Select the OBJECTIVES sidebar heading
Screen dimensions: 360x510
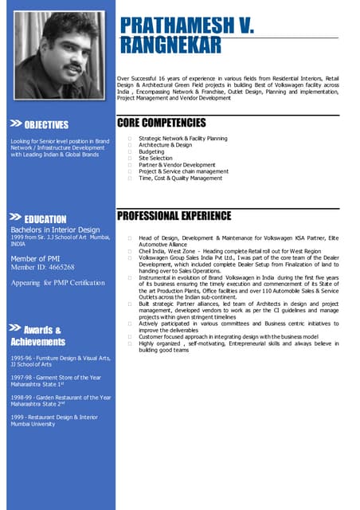46,124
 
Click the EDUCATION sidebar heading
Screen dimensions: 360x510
45,219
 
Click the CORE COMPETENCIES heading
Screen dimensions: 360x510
162,123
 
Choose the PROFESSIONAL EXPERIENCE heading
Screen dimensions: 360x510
174,216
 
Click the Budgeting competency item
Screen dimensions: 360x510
151,151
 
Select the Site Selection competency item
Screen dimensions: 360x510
155,158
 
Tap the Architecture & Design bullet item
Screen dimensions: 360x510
165,145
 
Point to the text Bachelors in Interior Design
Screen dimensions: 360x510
55,230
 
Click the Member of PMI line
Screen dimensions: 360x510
39,259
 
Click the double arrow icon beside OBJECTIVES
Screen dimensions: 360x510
15,124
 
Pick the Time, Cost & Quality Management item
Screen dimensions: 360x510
180,178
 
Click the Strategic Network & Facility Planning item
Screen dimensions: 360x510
182,139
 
